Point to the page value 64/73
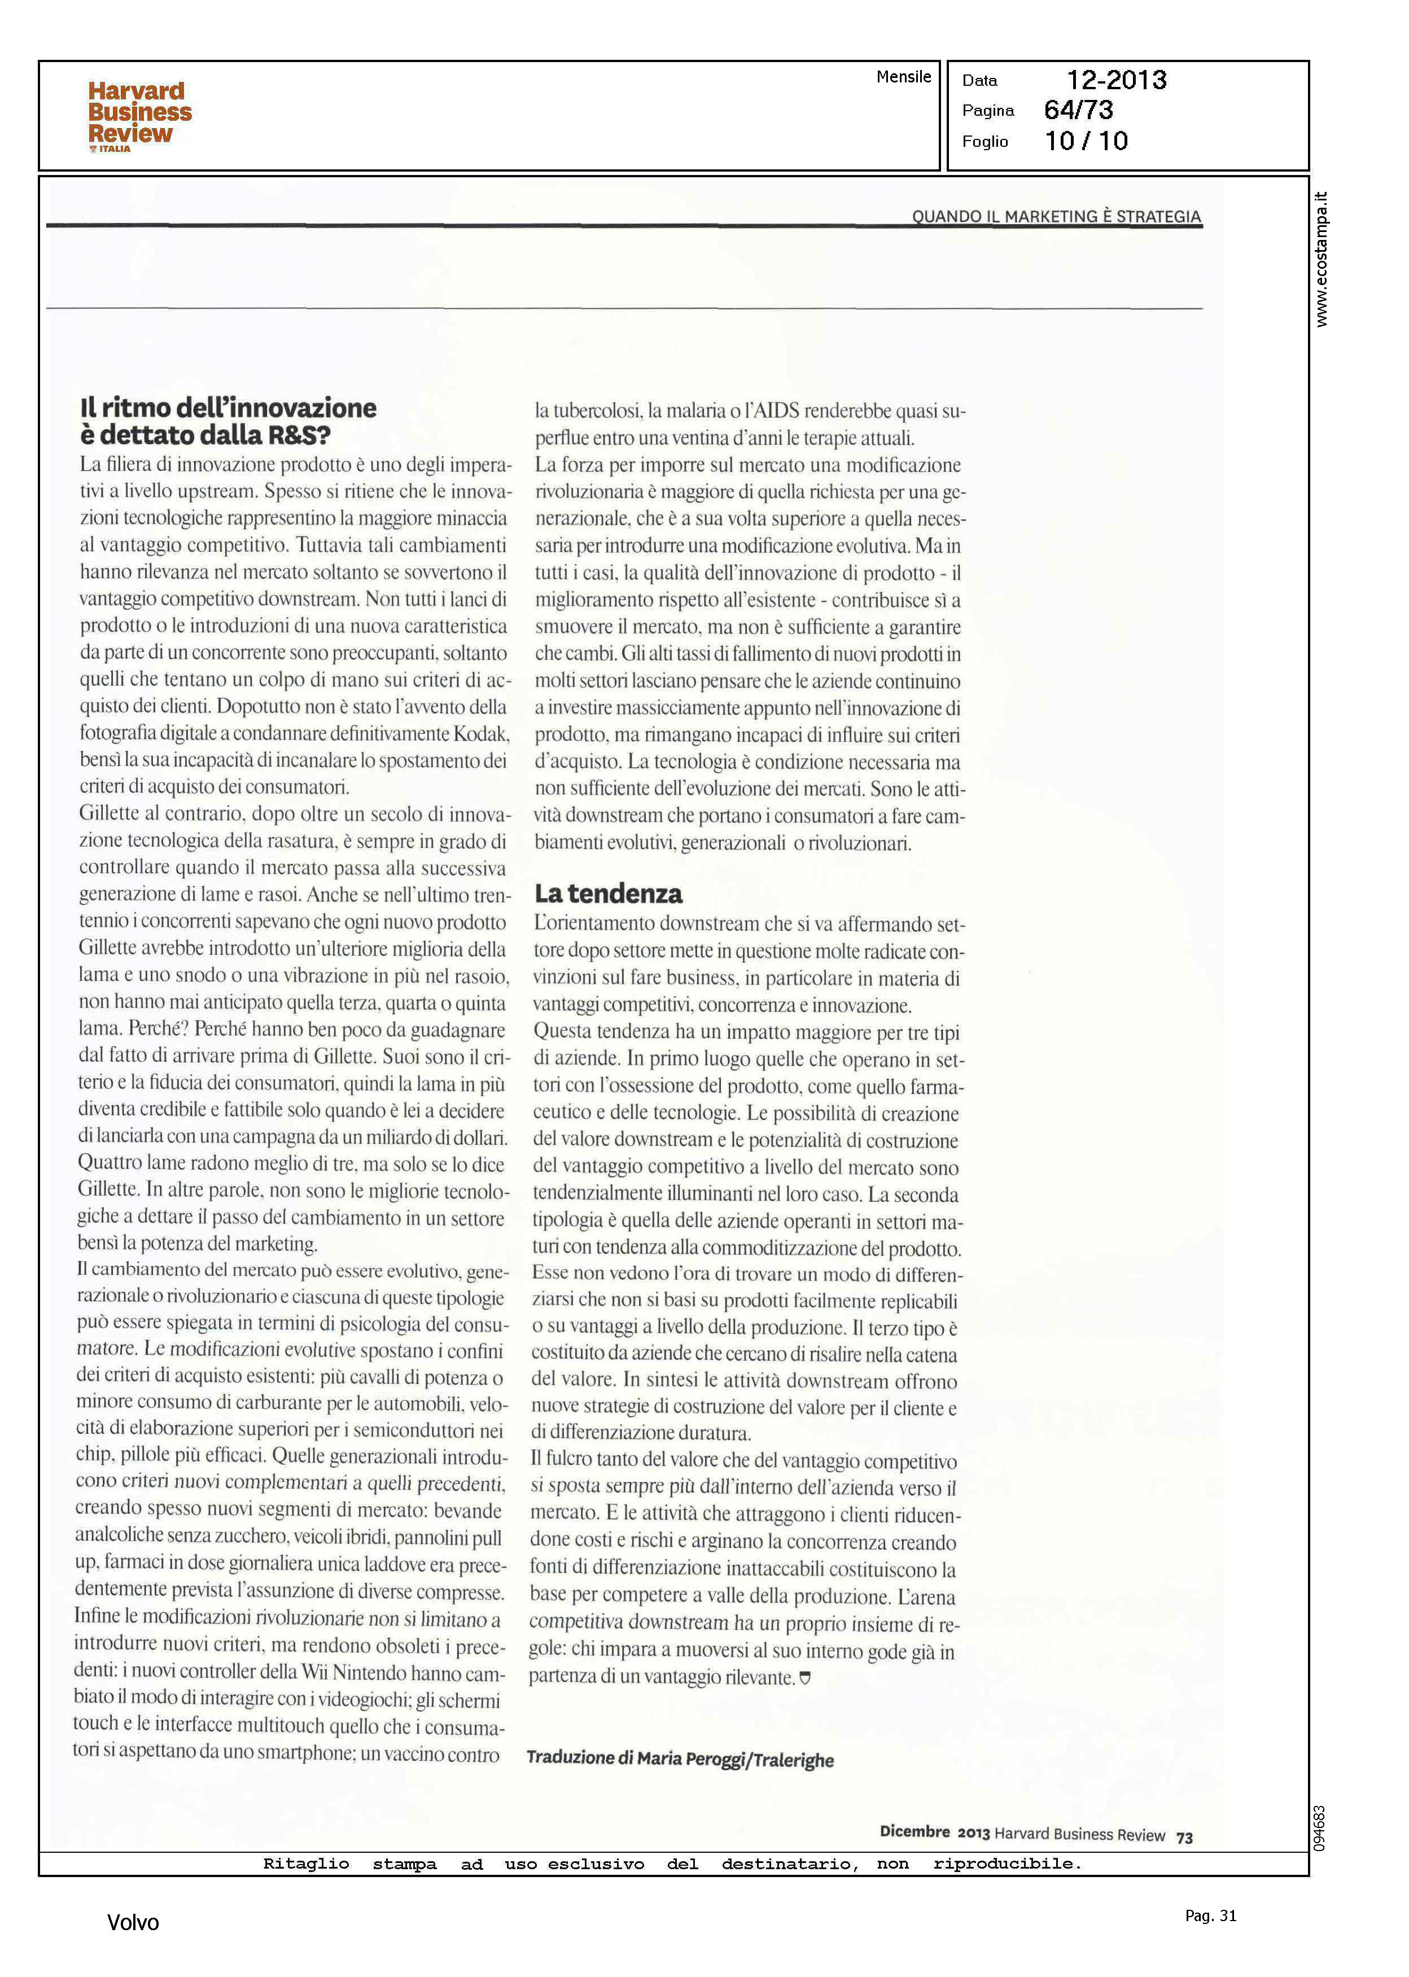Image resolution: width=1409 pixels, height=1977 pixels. pyautogui.click(x=1078, y=110)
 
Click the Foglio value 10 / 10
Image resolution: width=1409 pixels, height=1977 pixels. pyautogui.click(x=1086, y=141)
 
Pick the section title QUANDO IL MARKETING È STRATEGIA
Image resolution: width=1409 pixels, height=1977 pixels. pyautogui.click(x=1056, y=216)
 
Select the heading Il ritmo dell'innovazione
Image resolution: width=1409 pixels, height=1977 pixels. pyautogui.click(x=228, y=408)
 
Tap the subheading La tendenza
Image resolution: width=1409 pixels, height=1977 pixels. pyautogui.click(x=608, y=894)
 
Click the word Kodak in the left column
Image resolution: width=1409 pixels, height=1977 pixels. pyautogui.click(x=480, y=734)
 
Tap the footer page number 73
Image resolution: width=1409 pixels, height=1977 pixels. pyautogui.click(x=1184, y=1838)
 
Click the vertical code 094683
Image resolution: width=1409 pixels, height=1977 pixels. pyautogui.click(x=1320, y=1828)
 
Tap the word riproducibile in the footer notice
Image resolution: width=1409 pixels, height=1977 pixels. pyautogui.click(x=1007, y=1864)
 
